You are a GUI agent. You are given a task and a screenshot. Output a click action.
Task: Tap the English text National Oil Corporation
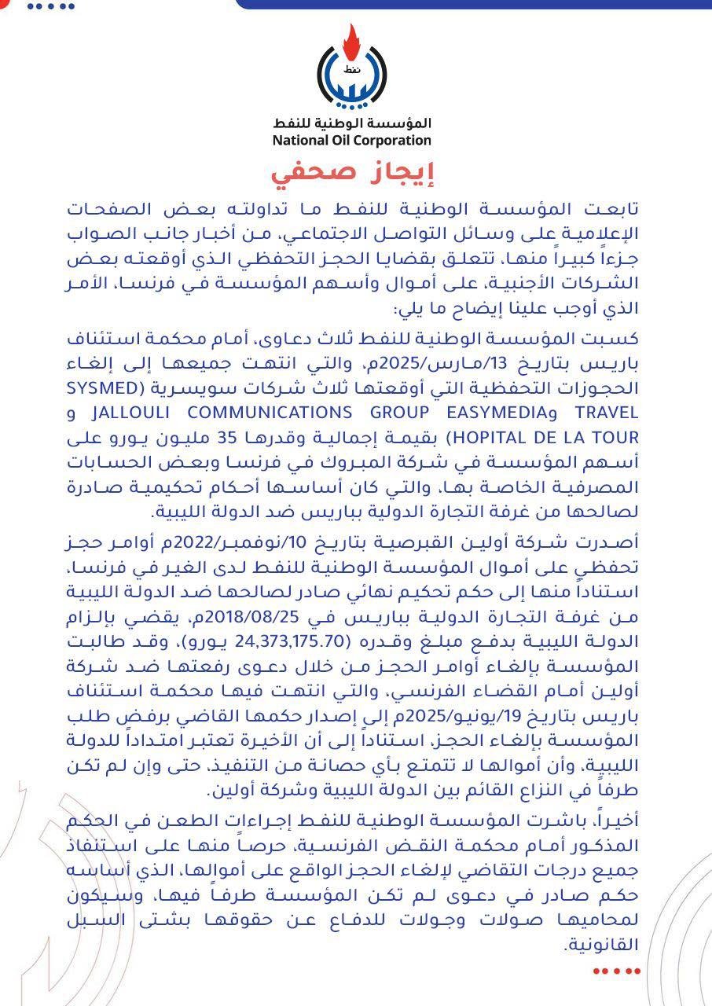tap(352, 141)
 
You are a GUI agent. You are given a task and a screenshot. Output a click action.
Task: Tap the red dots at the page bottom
tap(616, 971)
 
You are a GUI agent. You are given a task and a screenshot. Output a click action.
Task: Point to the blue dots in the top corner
tap(50, 6)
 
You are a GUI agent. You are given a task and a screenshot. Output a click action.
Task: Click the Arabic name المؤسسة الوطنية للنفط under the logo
tap(352, 123)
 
